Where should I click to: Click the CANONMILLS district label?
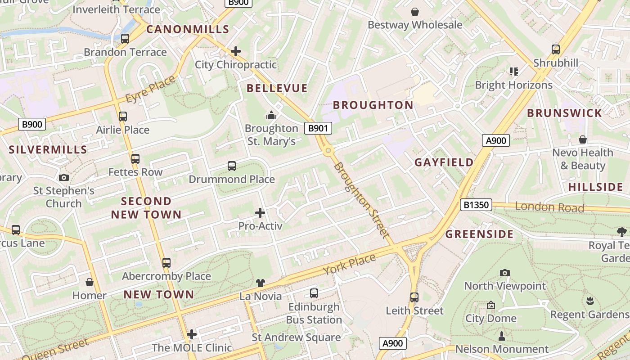(x=188, y=29)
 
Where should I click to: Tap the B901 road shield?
(x=318, y=129)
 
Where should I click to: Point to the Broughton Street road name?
(x=361, y=200)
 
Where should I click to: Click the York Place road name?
(x=349, y=265)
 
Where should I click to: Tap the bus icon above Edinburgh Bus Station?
(x=314, y=293)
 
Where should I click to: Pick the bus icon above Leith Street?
(x=414, y=297)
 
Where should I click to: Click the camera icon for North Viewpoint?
(x=505, y=273)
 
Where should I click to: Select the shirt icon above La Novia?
(x=261, y=283)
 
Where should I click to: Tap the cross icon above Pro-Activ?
(x=260, y=213)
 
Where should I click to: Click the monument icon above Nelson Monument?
(x=502, y=336)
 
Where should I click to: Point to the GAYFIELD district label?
(x=444, y=162)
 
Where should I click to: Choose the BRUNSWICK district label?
(x=564, y=113)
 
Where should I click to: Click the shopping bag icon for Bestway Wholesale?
(x=414, y=12)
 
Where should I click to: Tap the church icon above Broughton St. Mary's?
(x=271, y=116)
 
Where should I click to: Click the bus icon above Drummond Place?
(x=232, y=166)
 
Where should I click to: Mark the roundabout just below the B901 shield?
(x=328, y=151)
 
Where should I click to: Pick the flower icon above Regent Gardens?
(x=590, y=301)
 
